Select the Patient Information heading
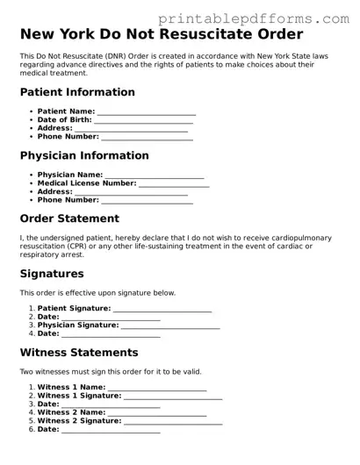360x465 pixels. coord(77,92)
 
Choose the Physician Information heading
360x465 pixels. coord(84,155)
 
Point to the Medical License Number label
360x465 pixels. coord(87,183)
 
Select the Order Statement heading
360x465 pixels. coord(69,218)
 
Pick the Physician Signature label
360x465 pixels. coord(77,325)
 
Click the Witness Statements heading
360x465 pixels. coord(79,353)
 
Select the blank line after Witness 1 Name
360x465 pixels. coord(157,388)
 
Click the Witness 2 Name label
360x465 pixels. coord(71,412)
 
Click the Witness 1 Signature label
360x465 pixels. coord(79,396)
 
